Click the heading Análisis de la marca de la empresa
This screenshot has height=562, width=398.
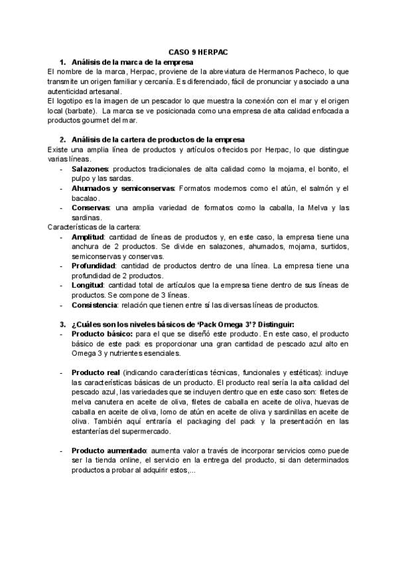133,61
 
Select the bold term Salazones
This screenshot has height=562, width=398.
91,170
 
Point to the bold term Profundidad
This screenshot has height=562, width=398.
92,266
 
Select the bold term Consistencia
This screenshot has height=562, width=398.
95,305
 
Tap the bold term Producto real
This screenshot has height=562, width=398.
96,373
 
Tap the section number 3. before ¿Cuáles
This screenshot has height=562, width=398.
63,324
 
